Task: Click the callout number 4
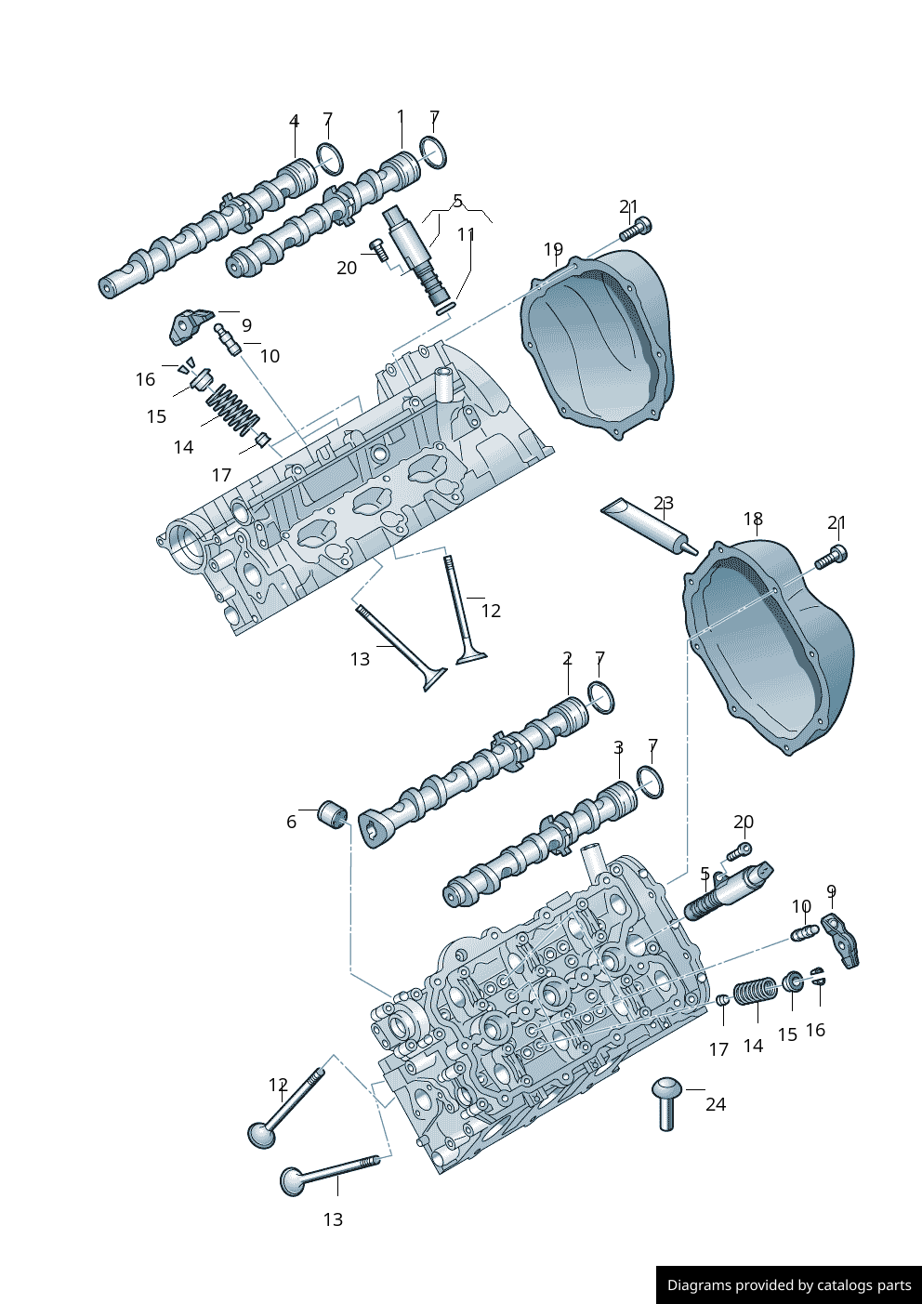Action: [x=294, y=121]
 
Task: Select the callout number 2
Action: [x=568, y=658]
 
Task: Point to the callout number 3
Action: [x=618, y=747]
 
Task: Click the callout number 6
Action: [x=292, y=822]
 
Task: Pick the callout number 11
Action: [x=467, y=234]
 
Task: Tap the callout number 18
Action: [x=753, y=518]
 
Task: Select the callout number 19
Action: [x=553, y=249]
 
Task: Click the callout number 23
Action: [x=664, y=502]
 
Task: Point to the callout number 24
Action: [x=716, y=1104]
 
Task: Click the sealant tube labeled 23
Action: [x=650, y=526]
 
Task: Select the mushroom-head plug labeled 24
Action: [x=666, y=1103]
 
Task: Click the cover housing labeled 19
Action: [x=598, y=344]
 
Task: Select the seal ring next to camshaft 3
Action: [x=650, y=783]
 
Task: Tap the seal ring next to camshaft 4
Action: [x=329, y=159]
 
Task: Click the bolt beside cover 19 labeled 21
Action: [x=636, y=229]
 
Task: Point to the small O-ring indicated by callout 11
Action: [x=444, y=308]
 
